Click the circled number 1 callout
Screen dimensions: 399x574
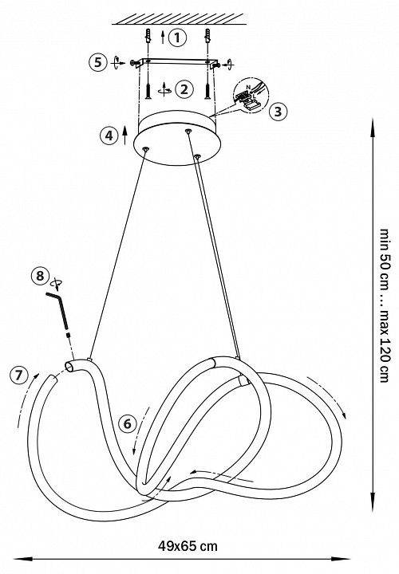[x=177, y=37]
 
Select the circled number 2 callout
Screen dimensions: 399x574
[x=184, y=89]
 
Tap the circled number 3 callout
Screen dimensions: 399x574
[x=278, y=112]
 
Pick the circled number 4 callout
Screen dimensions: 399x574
[x=109, y=136]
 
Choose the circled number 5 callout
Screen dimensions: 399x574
[x=98, y=62]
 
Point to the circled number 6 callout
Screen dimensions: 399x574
[x=128, y=424]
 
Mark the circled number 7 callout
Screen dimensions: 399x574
[x=19, y=375]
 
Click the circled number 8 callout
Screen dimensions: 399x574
[x=41, y=276]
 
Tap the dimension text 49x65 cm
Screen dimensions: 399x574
[x=188, y=546]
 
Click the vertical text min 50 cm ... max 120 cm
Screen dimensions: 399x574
[x=384, y=305]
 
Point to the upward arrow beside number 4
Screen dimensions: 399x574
[x=124, y=136]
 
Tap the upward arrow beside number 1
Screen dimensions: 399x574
[x=163, y=37]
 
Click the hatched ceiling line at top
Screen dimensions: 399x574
[x=179, y=19]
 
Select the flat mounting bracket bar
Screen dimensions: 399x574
[x=176, y=62]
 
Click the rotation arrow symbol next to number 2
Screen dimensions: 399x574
[x=165, y=89]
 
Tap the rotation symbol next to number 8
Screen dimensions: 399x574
[x=56, y=282]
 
